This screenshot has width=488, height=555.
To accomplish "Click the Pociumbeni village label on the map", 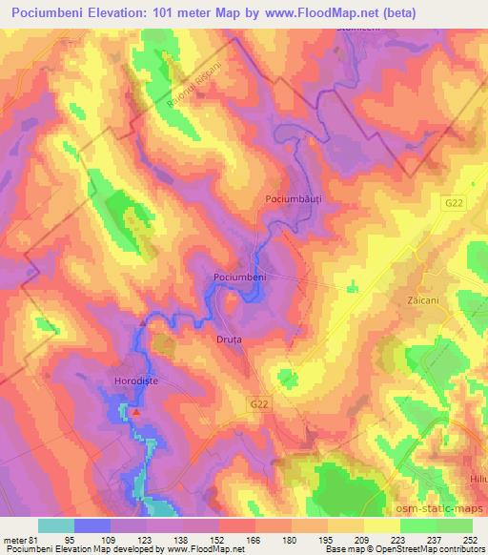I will coord(239,277).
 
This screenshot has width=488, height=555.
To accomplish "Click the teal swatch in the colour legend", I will coord(56,525).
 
